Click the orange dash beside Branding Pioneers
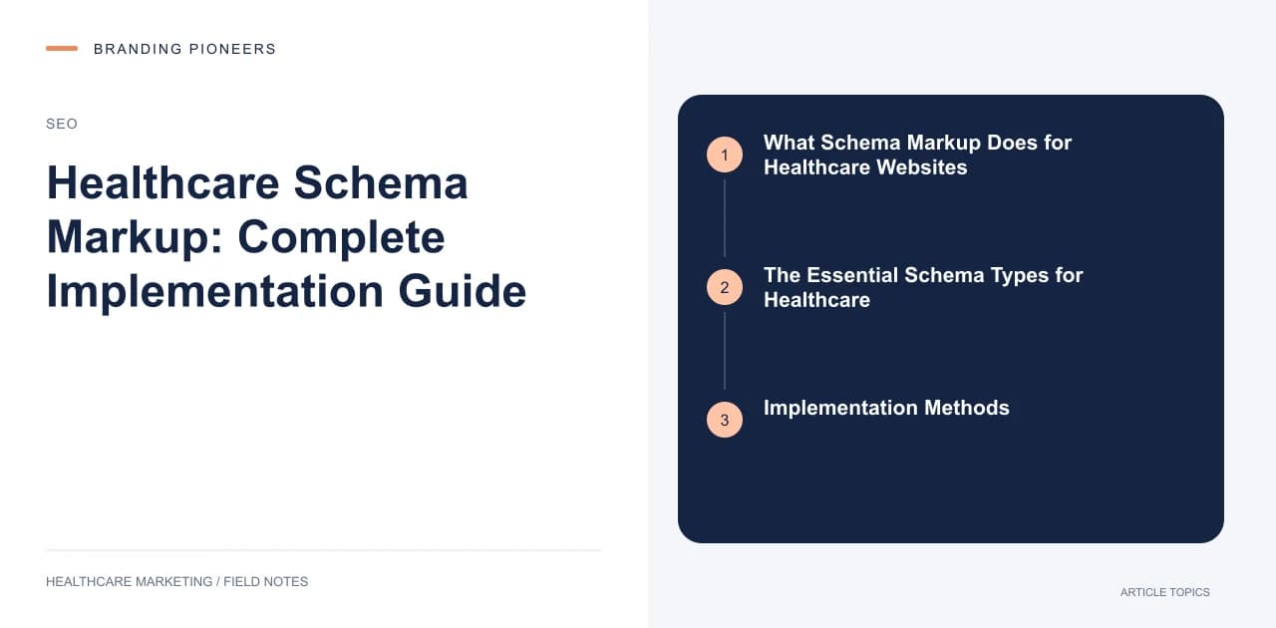pos(62,49)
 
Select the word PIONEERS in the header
pos(232,49)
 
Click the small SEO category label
pos(62,124)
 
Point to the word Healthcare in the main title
pos(162,183)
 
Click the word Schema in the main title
pos(381,183)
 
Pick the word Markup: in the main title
pos(135,238)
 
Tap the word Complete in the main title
pos(341,238)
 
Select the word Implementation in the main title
pos(215,292)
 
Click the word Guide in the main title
pos(462,292)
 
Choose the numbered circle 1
pos(725,155)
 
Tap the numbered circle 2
pos(725,287)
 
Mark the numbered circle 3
pos(725,420)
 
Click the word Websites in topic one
pos(922,167)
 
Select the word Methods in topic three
pos(967,408)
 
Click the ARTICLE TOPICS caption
pos(1165,592)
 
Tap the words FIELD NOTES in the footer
pos(265,582)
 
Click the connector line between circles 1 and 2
pos(725,218)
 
